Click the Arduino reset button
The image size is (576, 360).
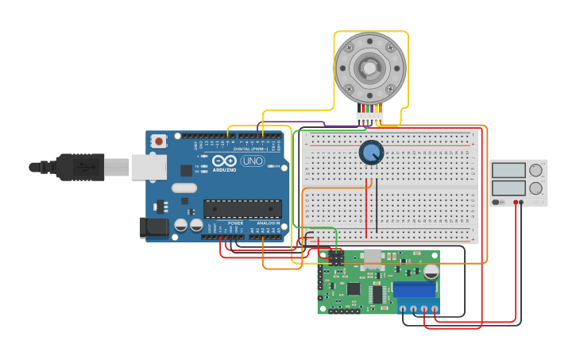[159, 141]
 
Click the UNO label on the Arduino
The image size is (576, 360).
[252, 161]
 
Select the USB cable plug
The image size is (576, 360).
[79, 167]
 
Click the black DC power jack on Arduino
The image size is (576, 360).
[154, 227]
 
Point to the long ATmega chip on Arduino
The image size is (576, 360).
[242, 209]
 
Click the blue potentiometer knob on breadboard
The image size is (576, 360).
[371, 153]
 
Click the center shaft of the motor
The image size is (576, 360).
[370, 68]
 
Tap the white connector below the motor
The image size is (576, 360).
[370, 118]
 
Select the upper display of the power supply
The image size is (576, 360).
[508, 170]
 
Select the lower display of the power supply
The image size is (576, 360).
[508, 189]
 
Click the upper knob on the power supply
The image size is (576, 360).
[536, 170]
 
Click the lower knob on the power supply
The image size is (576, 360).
[536, 189]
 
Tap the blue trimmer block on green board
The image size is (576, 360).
[414, 289]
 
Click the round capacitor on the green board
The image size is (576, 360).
[431, 272]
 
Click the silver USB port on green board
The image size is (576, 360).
[372, 256]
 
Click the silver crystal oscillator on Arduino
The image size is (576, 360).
[184, 188]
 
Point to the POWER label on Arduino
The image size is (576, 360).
[236, 223]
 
